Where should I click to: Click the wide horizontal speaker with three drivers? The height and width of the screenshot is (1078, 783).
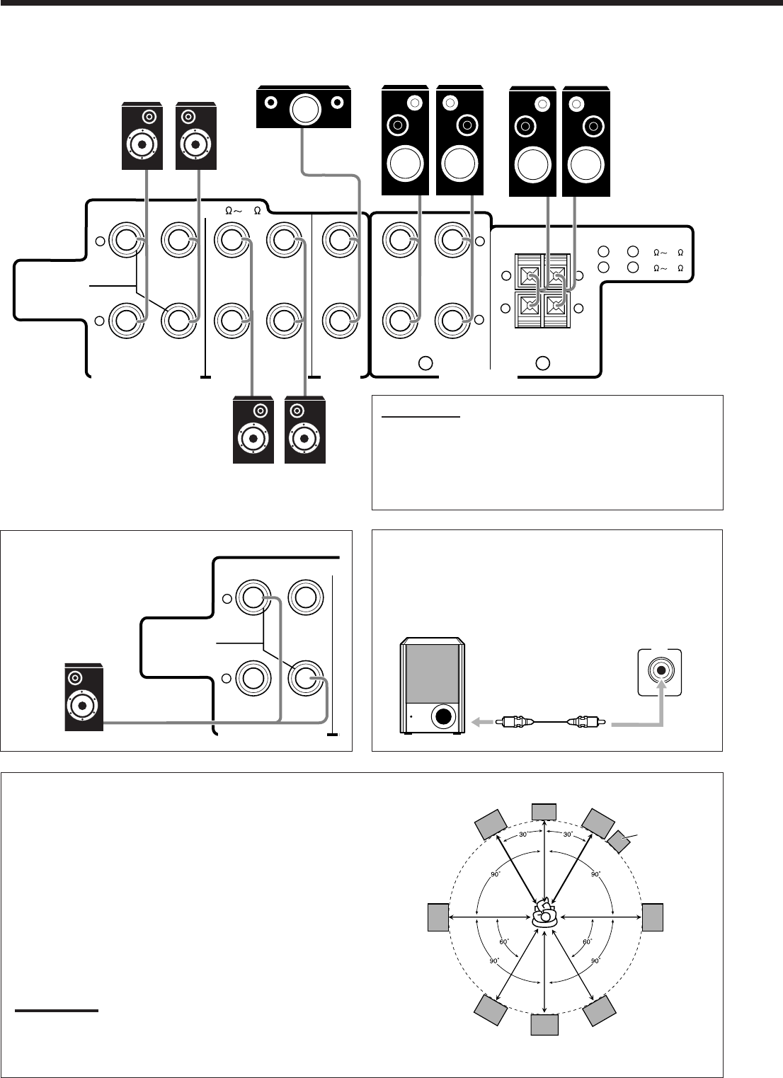pyautogui.click(x=303, y=107)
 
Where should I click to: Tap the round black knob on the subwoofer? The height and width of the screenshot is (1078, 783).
pyautogui.click(x=443, y=716)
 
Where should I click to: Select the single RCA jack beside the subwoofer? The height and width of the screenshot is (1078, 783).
pyautogui.click(x=661, y=670)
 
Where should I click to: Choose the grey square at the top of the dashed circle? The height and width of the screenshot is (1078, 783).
pyautogui.click(x=544, y=811)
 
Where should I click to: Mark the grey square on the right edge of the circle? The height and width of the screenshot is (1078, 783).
pyautogui.click(x=653, y=918)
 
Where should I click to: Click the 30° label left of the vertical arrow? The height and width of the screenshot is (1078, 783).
pyautogui.click(x=523, y=834)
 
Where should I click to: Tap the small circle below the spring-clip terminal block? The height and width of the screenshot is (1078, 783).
pyautogui.click(x=543, y=363)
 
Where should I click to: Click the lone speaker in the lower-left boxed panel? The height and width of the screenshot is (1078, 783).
pyautogui.click(x=84, y=697)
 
